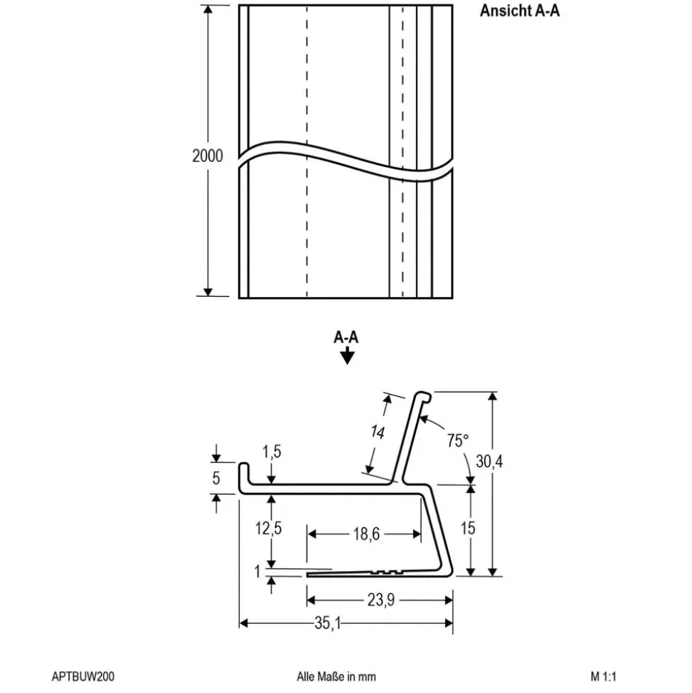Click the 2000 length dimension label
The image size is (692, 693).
point(207,156)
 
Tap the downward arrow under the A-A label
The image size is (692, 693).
point(347,357)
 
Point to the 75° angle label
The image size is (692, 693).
point(458,440)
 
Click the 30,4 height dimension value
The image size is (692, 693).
point(489,461)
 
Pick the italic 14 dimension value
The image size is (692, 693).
point(377,433)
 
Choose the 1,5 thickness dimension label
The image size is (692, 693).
point(272,451)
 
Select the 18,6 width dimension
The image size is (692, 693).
point(364,534)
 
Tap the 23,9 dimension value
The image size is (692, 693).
point(380,601)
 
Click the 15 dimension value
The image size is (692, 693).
point(468,528)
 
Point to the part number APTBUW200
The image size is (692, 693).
point(83,677)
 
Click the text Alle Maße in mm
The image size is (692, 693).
point(336,677)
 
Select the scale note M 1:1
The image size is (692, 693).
point(604,677)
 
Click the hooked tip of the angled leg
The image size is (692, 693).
point(423,397)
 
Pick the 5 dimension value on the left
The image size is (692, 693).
point(216,478)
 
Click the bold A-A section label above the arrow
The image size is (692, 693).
point(346,338)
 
